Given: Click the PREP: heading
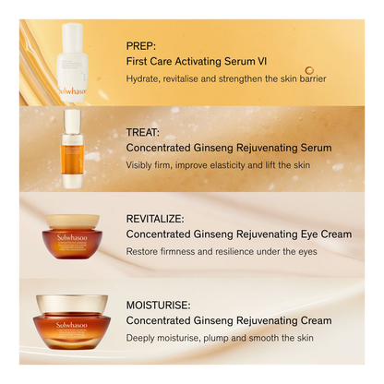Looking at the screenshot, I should click(142, 44).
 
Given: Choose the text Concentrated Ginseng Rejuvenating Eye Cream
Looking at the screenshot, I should click(238, 234).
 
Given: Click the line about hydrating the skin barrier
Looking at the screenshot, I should click(226, 78).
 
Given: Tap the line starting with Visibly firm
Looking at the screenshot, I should click(217, 164).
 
